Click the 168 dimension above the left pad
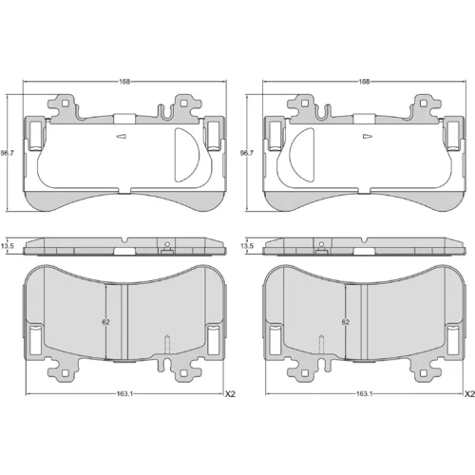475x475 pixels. [x=124, y=82]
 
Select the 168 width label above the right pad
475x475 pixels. [x=364, y=82]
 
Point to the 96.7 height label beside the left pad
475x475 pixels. [x=7, y=153]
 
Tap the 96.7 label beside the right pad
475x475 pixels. [x=247, y=153]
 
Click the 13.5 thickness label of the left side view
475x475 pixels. [x=7, y=246]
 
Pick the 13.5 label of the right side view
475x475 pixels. [x=247, y=246]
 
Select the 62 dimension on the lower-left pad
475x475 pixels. [x=105, y=322]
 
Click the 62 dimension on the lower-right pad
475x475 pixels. [x=345, y=322]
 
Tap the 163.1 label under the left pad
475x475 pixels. [x=124, y=394]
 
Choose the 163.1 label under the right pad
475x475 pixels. [x=364, y=394]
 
